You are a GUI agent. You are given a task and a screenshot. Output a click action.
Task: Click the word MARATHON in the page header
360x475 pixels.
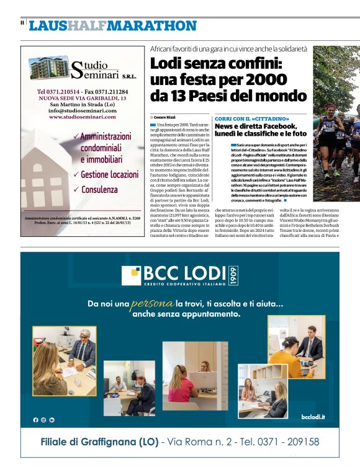point(152,25)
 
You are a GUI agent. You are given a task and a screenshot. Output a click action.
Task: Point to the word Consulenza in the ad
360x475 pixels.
point(99,189)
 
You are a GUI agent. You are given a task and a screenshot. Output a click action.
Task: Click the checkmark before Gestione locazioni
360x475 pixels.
point(75,175)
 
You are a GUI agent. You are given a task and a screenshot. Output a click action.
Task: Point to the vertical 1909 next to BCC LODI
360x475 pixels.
point(233,275)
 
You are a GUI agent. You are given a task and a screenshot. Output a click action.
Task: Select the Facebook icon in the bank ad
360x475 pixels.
point(35,420)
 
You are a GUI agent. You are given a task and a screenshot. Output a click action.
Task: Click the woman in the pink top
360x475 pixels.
point(184,385)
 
